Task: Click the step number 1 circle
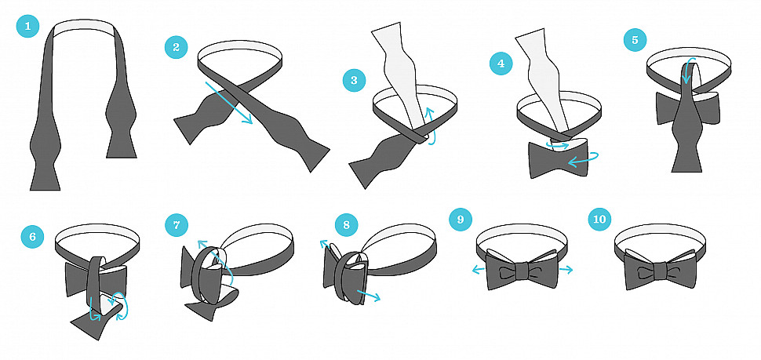click(x=27, y=26)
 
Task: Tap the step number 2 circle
click(x=177, y=47)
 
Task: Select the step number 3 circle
click(x=354, y=80)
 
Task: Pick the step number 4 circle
click(x=501, y=64)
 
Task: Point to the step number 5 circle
click(x=635, y=40)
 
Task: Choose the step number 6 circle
click(x=32, y=237)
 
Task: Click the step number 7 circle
click(x=177, y=226)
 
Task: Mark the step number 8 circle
click(x=346, y=224)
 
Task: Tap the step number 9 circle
click(x=460, y=220)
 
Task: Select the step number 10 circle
click(x=599, y=220)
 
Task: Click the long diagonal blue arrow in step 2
click(x=229, y=103)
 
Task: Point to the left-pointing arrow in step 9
click(x=479, y=269)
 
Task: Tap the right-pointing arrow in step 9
click(x=566, y=269)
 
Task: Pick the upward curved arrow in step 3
click(x=428, y=125)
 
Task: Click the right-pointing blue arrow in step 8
click(x=369, y=294)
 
